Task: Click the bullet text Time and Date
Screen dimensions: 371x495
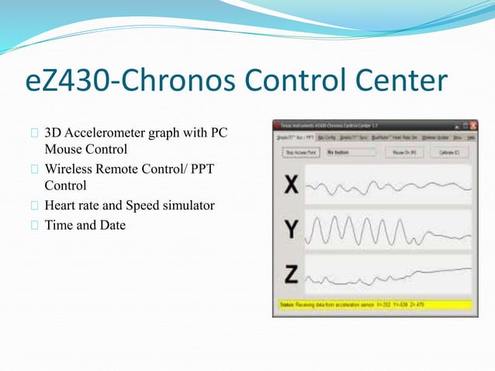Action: [x=85, y=224]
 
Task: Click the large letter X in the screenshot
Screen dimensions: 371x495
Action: [x=292, y=186]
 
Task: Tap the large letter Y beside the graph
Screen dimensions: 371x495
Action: [x=292, y=229]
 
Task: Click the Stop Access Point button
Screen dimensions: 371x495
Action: [x=300, y=153]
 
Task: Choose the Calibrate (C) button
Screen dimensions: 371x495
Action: [x=450, y=153]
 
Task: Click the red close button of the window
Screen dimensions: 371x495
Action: [x=472, y=125]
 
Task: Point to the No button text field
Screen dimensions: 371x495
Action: [x=350, y=153]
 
